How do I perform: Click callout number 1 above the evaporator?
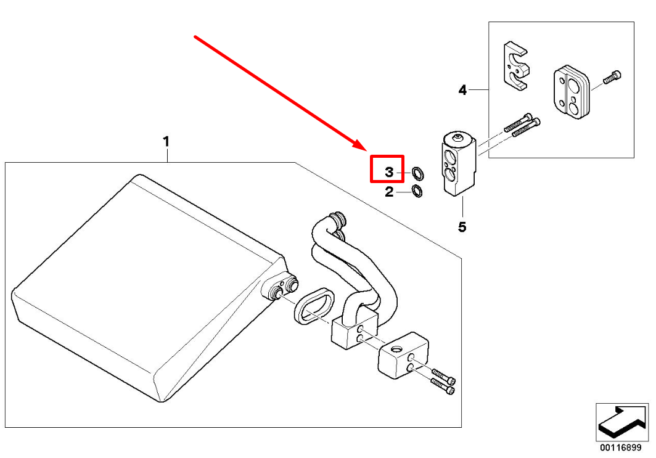[166, 142]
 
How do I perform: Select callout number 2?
[389, 192]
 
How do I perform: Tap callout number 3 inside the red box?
[389, 172]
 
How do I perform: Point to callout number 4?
[462, 90]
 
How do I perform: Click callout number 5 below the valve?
[462, 227]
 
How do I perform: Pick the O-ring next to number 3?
[417, 172]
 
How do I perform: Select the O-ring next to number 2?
[417, 191]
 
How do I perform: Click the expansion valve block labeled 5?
[458, 163]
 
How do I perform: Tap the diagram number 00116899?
[620, 448]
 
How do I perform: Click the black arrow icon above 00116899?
[622, 422]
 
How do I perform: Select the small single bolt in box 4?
[612, 78]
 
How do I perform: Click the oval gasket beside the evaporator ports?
[314, 306]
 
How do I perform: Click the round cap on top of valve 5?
[458, 136]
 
